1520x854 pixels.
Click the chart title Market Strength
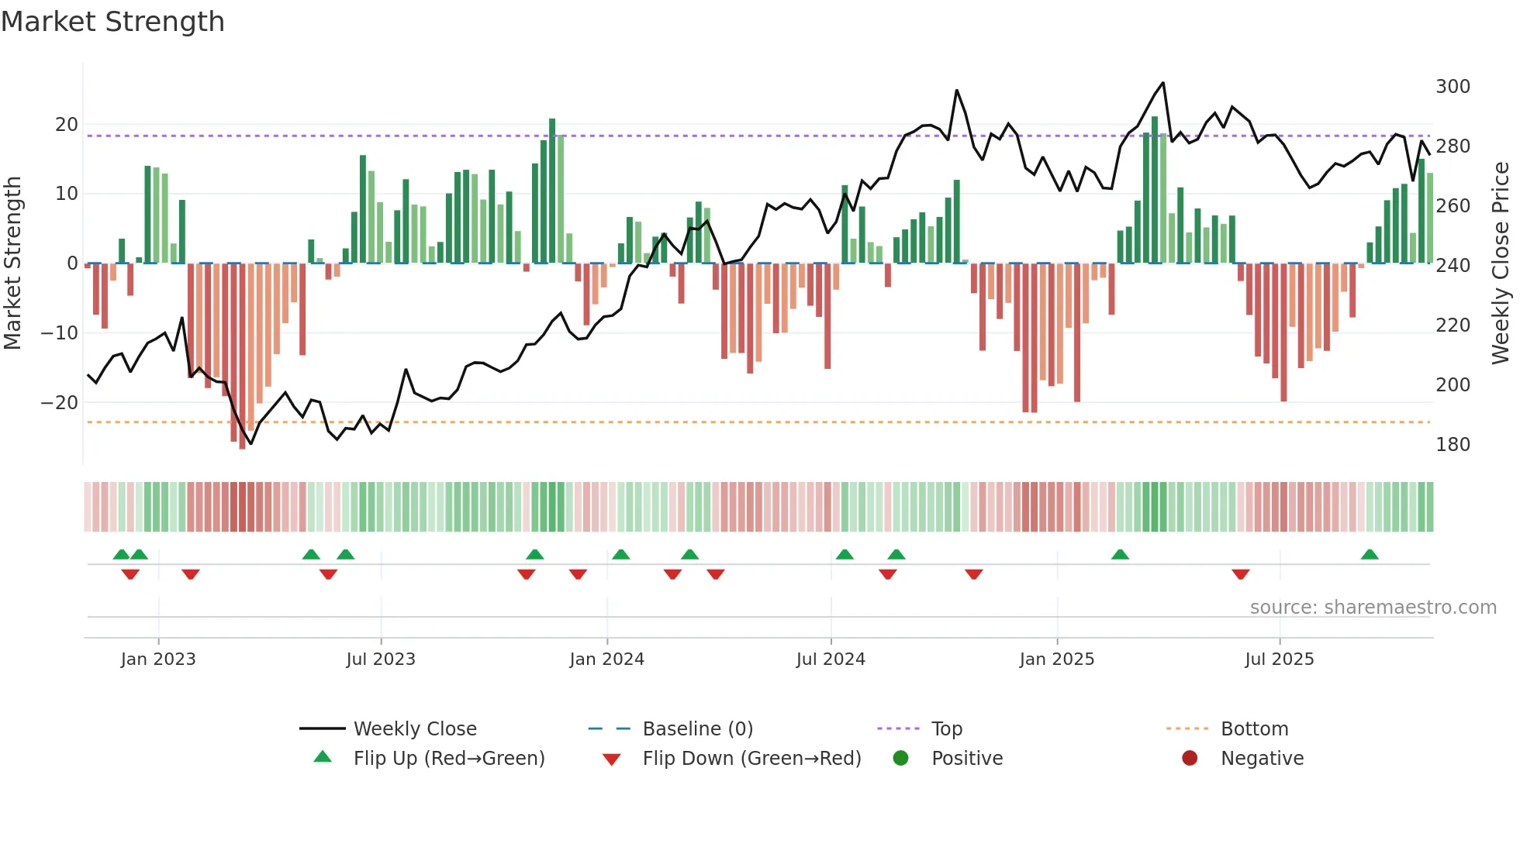click(x=112, y=22)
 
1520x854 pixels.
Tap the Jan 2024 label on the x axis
click(x=606, y=659)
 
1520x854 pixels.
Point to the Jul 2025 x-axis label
click(x=1279, y=659)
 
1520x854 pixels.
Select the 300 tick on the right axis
click(x=1452, y=87)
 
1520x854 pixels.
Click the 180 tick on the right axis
click(x=1452, y=445)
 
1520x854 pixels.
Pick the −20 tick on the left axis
click(x=60, y=403)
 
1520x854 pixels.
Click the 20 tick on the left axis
click(x=67, y=125)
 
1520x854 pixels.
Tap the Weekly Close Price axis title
click(x=1501, y=263)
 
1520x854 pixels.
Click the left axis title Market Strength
click(x=13, y=263)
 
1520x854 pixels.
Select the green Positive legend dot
click(x=900, y=758)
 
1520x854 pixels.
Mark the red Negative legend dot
click(x=1190, y=758)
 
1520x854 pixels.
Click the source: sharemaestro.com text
click(x=1373, y=608)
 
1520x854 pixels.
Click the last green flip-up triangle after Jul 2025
click(x=1370, y=554)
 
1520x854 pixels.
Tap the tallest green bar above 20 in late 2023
click(x=552, y=190)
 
